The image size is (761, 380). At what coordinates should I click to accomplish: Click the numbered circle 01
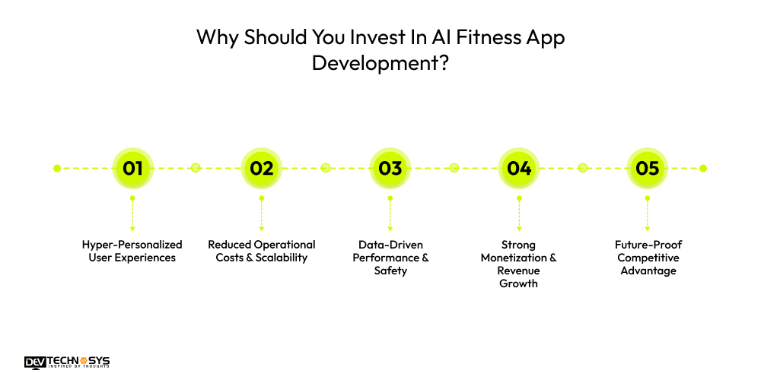click(132, 168)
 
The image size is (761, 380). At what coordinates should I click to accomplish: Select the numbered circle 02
click(261, 168)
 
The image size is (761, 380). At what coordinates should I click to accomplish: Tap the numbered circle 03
click(390, 168)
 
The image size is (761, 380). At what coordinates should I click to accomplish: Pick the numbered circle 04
click(519, 168)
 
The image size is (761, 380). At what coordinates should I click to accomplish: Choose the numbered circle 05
click(648, 168)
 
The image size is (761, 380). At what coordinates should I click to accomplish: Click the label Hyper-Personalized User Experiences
click(132, 251)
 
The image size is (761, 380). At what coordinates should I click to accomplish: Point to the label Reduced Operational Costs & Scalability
click(261, 251)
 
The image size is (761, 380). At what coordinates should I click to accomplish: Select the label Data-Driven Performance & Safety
click(390, 258)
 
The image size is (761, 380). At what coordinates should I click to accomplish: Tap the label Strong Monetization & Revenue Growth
click(519, 264)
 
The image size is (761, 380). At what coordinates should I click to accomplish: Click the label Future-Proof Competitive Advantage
click(648, 258)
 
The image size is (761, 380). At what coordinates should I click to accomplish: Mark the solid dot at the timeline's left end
click(57, 168)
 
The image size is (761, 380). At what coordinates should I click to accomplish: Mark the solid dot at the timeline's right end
click(703, 168)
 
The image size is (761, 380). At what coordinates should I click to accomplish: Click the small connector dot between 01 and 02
click(196, 168)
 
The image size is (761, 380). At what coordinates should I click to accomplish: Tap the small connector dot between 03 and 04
click(454, 168)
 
